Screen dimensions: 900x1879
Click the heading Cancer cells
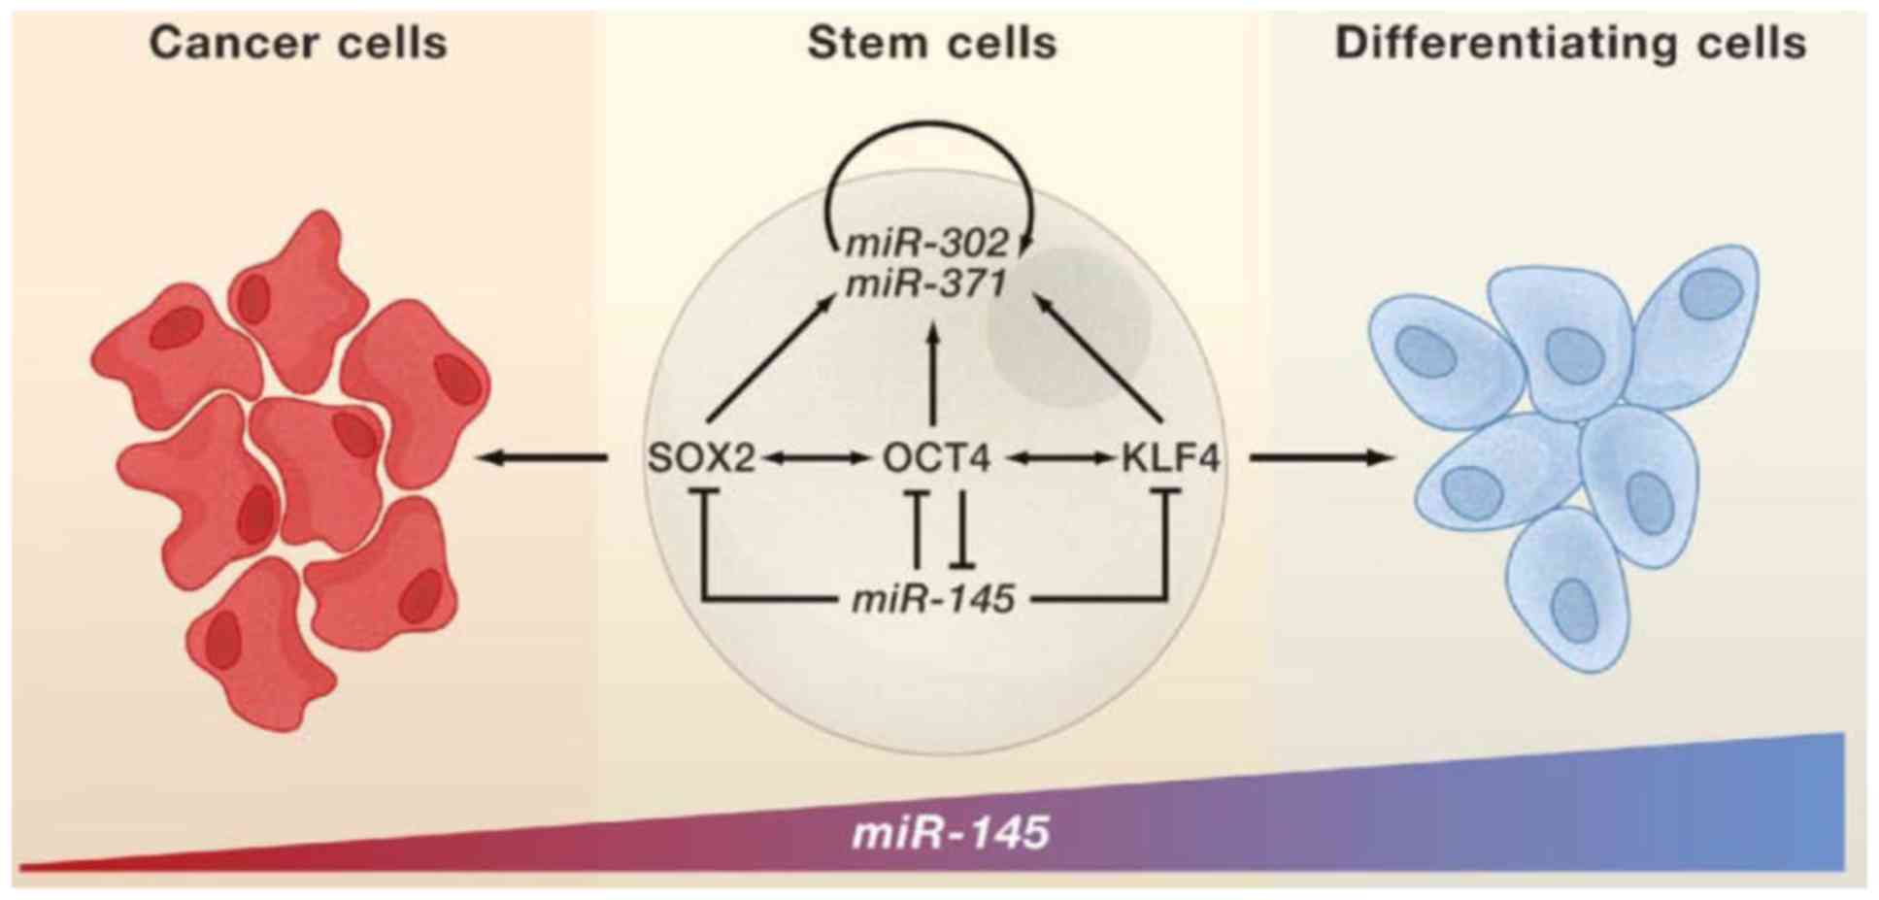tap(298, 44)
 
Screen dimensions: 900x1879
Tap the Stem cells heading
tap(931, 44)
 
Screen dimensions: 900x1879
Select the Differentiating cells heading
tap(1570, 44)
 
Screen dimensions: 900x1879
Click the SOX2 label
tap(701, 457)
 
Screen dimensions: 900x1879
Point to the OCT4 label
tap(936, 457)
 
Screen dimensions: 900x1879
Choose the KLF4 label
tap(1170, 457)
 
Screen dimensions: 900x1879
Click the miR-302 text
tap(927, 243)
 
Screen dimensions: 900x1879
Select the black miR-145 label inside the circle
tap(933, 599)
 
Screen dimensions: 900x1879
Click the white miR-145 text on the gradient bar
tap(951, 833)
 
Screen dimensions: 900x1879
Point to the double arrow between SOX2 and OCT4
tap(817, 457)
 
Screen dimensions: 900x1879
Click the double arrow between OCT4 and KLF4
tap(1058, 457)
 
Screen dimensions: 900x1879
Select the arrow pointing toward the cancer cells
tap(544, 457)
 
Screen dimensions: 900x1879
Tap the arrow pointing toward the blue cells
tap(1321, 457)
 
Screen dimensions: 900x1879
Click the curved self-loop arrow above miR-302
tap(927, 131)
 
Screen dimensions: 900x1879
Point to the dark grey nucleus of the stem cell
tap(1068, 325)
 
